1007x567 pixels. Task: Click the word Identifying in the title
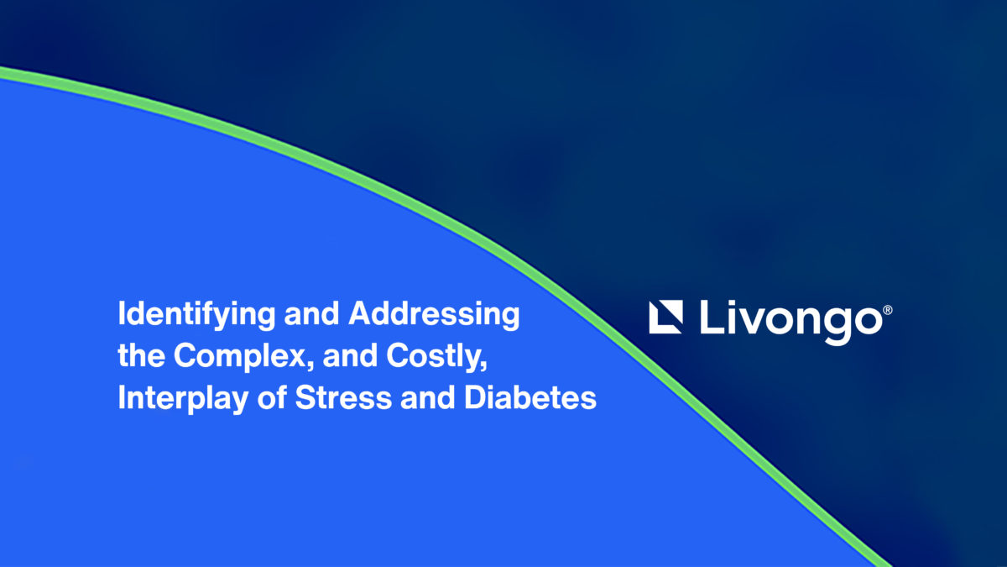[196, 315]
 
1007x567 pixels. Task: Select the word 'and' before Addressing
[311, 313]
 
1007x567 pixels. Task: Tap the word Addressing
[435, 315]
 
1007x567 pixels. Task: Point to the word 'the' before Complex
[141, 355]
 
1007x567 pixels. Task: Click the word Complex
[240, 357]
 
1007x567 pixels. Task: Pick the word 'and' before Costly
[350, 355]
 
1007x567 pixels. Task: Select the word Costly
[434, 357]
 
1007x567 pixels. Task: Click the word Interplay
[183, 399]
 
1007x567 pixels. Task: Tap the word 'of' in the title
[272, 397]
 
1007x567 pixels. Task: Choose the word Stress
[343, 398]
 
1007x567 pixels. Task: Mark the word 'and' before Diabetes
[427, 398]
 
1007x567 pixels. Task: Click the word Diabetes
[530, 398]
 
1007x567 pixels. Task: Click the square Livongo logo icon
[665, 317]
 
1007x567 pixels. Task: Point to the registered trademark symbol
[888, 310]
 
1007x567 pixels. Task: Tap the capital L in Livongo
[712, 317]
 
